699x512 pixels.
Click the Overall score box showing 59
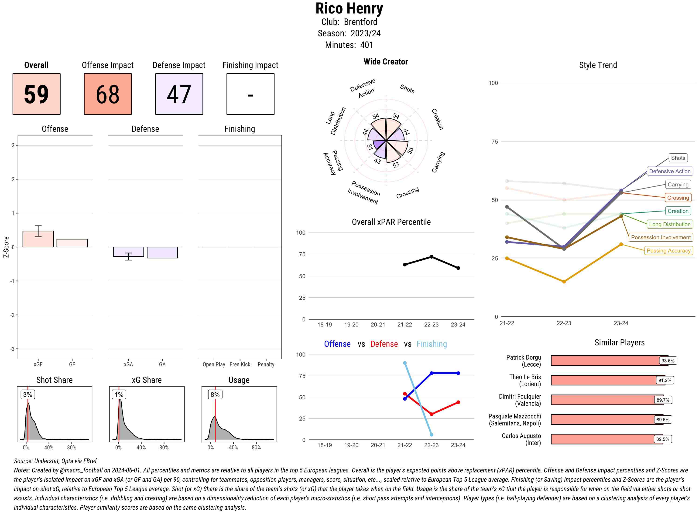(x=36, y=94)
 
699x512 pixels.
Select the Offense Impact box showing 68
(x=108, y=94)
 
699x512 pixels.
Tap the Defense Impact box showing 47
(x=179, y=94)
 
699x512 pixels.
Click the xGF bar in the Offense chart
(x=38, y=239)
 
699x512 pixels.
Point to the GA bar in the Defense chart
(x=162, y=253)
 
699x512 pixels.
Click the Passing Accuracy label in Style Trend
(x=668, y=250)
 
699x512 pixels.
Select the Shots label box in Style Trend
(x=678, y=158)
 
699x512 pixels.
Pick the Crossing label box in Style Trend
(x=678, y=198)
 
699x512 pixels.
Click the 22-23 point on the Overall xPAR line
(x=431, y=257)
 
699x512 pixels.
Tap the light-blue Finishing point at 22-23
(x=431, y=435)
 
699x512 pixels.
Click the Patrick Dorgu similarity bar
(x=605, y=361)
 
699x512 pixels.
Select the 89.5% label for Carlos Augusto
(x=663, y=439)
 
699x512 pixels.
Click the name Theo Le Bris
(x=525, y=377)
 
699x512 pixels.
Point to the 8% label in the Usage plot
(x=215, y=394)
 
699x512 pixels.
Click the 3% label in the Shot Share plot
(x=28, y=394)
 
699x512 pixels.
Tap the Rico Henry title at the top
(x=349, y=9)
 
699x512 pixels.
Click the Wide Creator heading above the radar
(x=386, y=62)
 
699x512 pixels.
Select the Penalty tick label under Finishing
(x=266, y=364)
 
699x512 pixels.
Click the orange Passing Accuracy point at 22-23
(x=564, y=281)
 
